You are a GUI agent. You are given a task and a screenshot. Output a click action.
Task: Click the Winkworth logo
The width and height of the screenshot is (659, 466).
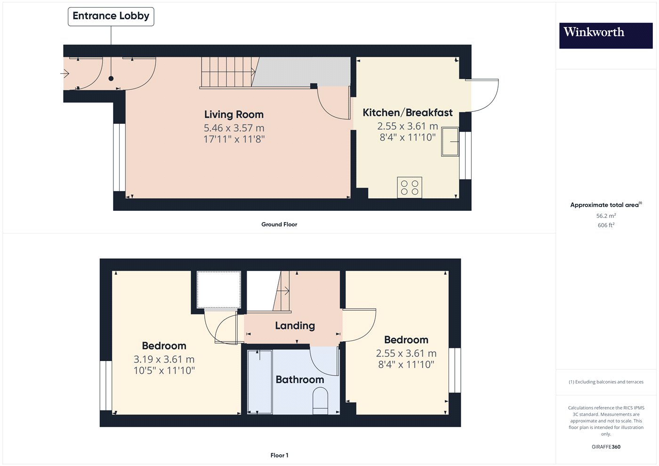point(606,35)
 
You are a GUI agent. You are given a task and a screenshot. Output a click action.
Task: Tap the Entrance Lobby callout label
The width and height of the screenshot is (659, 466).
point(111,16)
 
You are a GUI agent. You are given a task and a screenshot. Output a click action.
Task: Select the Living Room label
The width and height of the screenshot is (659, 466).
point(234,114)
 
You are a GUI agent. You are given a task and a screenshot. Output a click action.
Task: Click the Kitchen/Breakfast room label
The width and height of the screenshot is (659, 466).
point(408,112)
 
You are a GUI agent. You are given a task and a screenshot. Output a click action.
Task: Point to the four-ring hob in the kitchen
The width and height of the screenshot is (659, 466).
point(410,187)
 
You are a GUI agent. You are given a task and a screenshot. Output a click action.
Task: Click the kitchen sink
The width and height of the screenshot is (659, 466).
point(450,142)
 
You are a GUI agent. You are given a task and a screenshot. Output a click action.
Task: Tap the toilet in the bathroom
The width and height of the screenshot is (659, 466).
point(320,401)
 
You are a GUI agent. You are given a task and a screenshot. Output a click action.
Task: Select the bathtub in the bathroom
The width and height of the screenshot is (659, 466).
point(260,382)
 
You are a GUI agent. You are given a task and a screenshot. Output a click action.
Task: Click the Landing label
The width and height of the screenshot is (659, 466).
point(295,325)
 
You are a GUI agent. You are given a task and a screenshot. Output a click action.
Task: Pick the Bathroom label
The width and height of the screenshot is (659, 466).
point(300,379)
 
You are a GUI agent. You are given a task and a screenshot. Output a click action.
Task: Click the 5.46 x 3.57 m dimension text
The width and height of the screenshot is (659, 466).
point(234,128)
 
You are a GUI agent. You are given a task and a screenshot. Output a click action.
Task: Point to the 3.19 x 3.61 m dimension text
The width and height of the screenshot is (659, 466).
point(164,359)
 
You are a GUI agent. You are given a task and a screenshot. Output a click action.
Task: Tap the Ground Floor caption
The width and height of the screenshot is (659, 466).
point(279,225)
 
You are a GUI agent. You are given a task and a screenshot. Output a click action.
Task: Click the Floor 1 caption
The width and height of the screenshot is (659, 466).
point(279,456)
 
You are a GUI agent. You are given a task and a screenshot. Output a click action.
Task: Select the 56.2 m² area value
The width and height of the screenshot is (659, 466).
point(606,216)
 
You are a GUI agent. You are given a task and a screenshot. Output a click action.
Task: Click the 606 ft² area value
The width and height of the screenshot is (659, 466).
point(606,225)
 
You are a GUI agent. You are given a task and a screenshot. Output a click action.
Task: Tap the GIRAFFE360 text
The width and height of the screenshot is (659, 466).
point(606,447)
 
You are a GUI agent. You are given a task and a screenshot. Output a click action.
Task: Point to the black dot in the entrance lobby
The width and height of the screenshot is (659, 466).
point(111,79)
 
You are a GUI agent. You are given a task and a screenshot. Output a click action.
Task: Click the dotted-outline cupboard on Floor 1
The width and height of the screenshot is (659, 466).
point(218,289)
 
